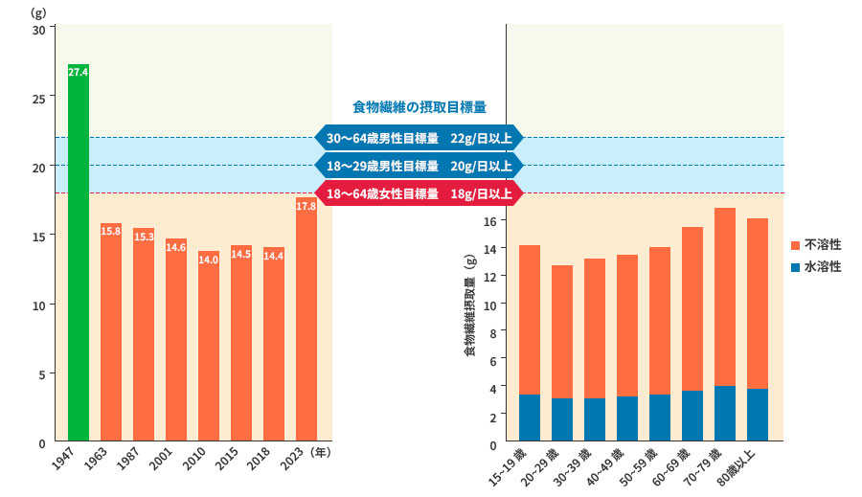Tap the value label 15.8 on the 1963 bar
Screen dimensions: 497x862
111,231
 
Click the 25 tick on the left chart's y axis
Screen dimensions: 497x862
38,98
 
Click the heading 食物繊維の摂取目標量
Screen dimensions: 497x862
420,106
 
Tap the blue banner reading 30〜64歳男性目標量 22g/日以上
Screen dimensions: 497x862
420,139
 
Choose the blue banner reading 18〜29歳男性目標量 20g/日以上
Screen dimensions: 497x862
420,166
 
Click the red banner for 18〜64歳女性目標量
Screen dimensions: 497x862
420,193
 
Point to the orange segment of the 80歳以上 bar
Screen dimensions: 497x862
758,303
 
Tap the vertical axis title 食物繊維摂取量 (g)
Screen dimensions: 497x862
469,306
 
